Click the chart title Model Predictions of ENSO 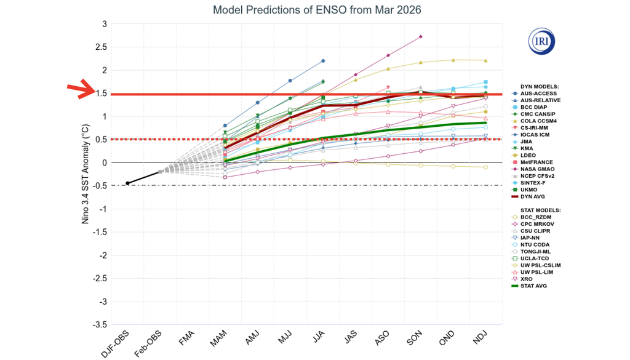(x=317, y=10)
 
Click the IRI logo (x=541, y=41)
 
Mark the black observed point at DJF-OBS (x=128, y=183)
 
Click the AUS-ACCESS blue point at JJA (x=323, y=61)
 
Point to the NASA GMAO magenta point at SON (x=420, y=37)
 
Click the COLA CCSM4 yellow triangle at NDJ (x=486, y=60)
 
